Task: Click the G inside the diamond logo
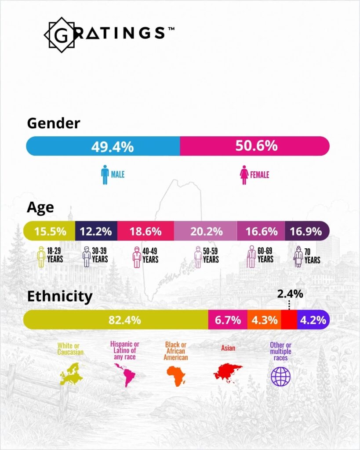pyautogui.click(x=61, y=35)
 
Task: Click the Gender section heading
pyautogui.click(x=54, y=123)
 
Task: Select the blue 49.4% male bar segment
pyautogui.click(x=103, y=146)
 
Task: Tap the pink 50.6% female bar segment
pyautogui.click(x=255, y=146)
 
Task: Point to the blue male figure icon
pyautogui.click(x=105, y=174)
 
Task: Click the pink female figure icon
pyautogui.click(x=244, y=175)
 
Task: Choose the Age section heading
pyautogui.click(x=40, y=207)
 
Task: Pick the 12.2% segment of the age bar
pyautogui.click(x=96, y=231)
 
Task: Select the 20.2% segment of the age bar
pyautogui.click(x=206, y=231)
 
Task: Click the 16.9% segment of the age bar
pyautogui.click(x=307, y=231)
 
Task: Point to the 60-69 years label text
pyautogui.click(x=265, y=255)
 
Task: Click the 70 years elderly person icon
pyautogui.click(x=298, y=257)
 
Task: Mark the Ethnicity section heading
pyautogui.click(x=60, y=297)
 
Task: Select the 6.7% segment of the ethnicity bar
pyautogui.click(x=228, y=320)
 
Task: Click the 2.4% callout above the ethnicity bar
pyautogui.click(x=290, y=294)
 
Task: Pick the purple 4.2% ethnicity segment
pyautogui.click(x=313, y=320)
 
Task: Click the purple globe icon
pyautogui.click(x=281, y=377)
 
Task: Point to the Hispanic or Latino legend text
pyautogui.click(x=124, y=350)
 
